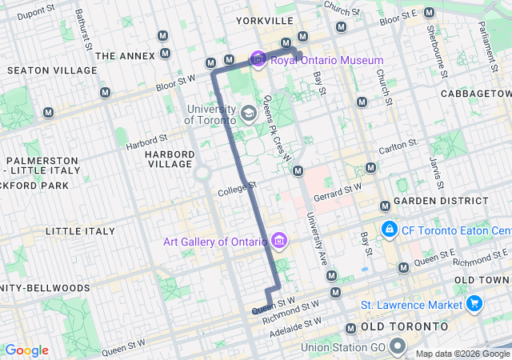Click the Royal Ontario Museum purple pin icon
pos(258,60)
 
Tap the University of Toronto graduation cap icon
pos(248,113)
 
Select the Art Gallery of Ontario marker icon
pos(279,240)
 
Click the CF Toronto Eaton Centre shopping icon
pos(389,230)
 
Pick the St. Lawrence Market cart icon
pos(474,304)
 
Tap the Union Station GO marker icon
pos(398,347)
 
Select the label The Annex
pos(123,55)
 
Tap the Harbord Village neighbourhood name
pos(170,158)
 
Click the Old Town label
pos(482,280)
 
